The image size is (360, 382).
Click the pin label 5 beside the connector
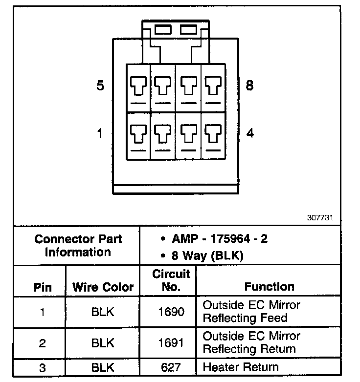[x=100, y=86]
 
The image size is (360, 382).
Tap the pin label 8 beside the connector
[x=249, y=85]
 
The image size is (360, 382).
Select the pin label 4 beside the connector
[x=250, y=133]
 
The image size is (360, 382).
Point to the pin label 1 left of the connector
[x=100, y=133]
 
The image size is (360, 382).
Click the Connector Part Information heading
[x=78, y=246]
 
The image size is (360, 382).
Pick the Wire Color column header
[x=103, y=287]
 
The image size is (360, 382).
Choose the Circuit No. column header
[x=171, y=280]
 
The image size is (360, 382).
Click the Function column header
[x=269, y=287]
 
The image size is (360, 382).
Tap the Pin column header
[x=43, y=287]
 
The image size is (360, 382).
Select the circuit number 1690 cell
[x=171, y=312]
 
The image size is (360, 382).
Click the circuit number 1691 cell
[x=171, y=343]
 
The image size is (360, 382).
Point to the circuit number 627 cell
[x=171, y=367]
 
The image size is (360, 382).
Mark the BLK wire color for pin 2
[x=103, y=343]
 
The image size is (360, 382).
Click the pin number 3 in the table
[x=43, y=367]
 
